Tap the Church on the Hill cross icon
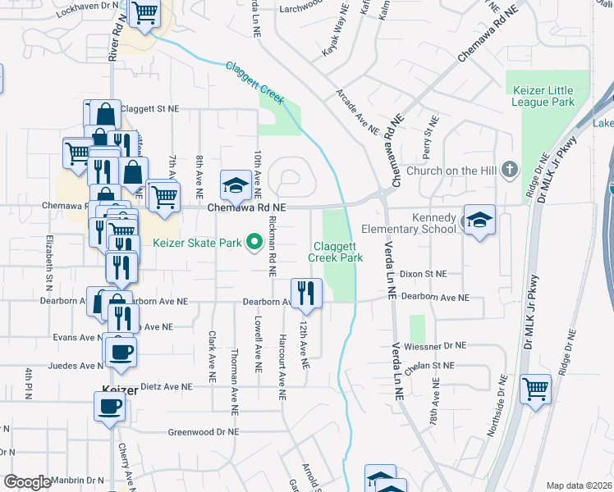pyautogui.click(x=509, y=170)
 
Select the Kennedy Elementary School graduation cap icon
pyautogui.click(x=479, y=220)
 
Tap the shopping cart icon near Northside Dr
pyautogui.click(x=535, y=388)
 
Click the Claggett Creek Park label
pyautogui.click(x=335, y=252)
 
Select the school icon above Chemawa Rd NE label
pyautogui.click(x=236, y=184)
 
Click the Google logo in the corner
pyautogui.click(x=26, y=482)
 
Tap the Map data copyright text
pyautogui.click(x=579, y=485)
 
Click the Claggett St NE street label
pyautogui.click(x=149, y=108)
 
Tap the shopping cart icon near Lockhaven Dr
pyautogui.click(x=144, y=13)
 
